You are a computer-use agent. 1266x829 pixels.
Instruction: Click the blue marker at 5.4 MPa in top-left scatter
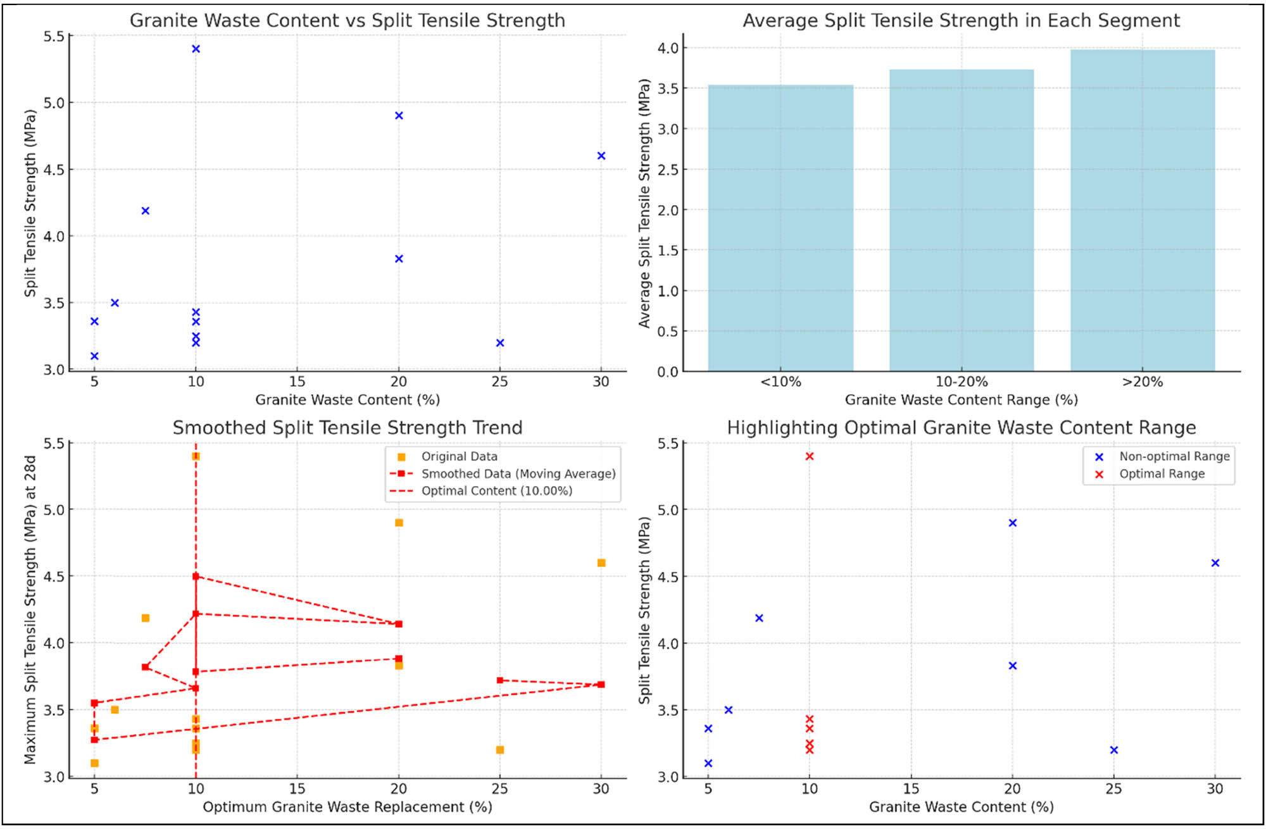(196, 49)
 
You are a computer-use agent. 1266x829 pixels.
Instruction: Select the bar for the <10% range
(780, 228)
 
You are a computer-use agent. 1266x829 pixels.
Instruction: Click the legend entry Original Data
(459, 456)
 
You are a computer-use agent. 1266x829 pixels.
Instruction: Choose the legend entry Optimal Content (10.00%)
(496, 491)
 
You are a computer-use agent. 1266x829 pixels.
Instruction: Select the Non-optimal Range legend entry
(1174, 456)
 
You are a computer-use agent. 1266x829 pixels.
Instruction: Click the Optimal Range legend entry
(1162, 474)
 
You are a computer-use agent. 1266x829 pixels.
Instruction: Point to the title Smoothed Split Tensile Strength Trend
(348, 428)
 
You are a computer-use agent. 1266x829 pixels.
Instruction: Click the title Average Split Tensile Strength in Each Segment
(961, 20)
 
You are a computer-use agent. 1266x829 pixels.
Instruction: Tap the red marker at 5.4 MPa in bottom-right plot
(809, 456)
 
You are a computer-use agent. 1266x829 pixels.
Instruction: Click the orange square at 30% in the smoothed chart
(601, 563)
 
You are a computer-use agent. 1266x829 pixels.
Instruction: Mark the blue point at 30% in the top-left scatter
(601, 156)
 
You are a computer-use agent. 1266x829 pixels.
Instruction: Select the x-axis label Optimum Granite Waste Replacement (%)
(348, 807)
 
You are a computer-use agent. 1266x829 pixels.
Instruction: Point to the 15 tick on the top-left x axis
(297, 382)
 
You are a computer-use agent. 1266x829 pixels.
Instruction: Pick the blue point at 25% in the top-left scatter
(500, 343)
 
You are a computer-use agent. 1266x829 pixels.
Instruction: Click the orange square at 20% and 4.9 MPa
(399, 523)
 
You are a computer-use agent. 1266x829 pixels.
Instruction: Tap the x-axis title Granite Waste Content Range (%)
(961, 400)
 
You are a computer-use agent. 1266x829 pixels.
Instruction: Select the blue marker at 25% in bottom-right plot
(1114, 750)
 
